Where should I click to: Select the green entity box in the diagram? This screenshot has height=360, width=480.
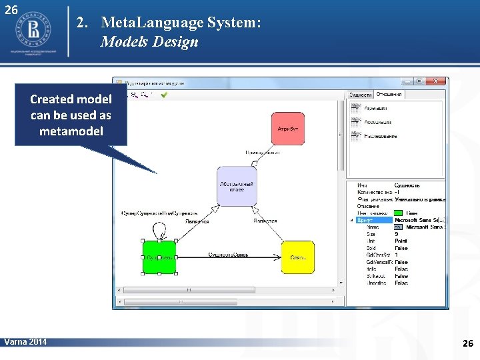point(159,257)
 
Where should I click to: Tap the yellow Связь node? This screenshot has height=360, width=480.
point(297,257)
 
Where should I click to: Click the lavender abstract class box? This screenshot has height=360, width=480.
point(237,186)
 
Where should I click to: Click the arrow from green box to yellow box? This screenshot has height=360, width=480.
point(227,257)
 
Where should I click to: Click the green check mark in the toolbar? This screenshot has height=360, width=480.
point(164,95)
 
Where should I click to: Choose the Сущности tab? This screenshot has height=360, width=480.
point(361,95)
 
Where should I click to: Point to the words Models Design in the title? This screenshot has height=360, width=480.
point(149,42)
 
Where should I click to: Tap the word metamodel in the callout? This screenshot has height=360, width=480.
point(71,131)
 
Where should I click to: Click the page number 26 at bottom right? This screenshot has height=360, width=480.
point(467,343)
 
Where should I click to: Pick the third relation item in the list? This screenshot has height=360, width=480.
point(380,136)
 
